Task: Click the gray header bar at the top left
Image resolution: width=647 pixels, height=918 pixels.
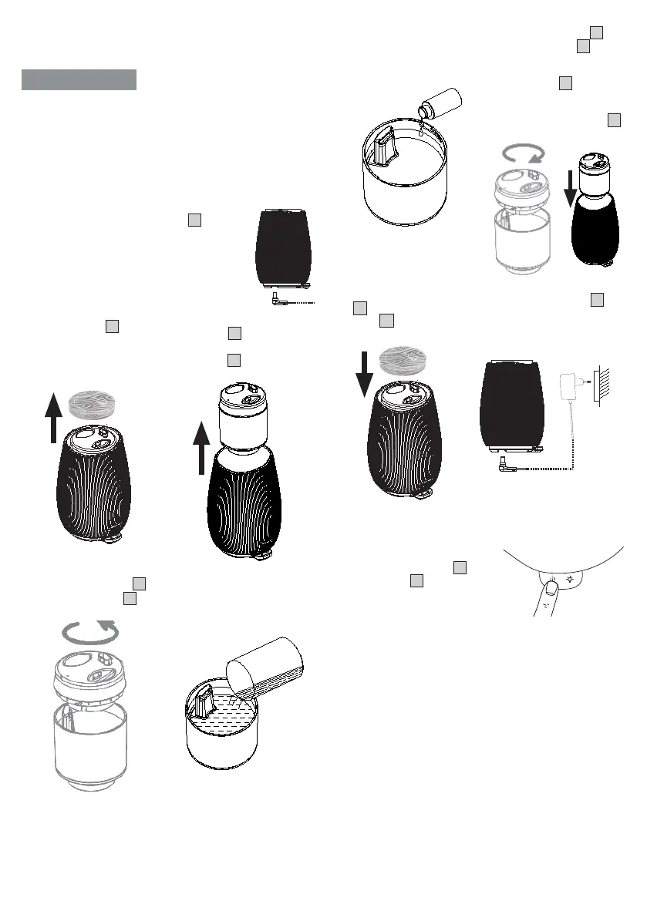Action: pos(79,79)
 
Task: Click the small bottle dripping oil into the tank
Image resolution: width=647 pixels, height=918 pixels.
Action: pos(440,103)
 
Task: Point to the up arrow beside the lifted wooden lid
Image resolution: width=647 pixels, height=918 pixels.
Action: pos(52,417)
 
